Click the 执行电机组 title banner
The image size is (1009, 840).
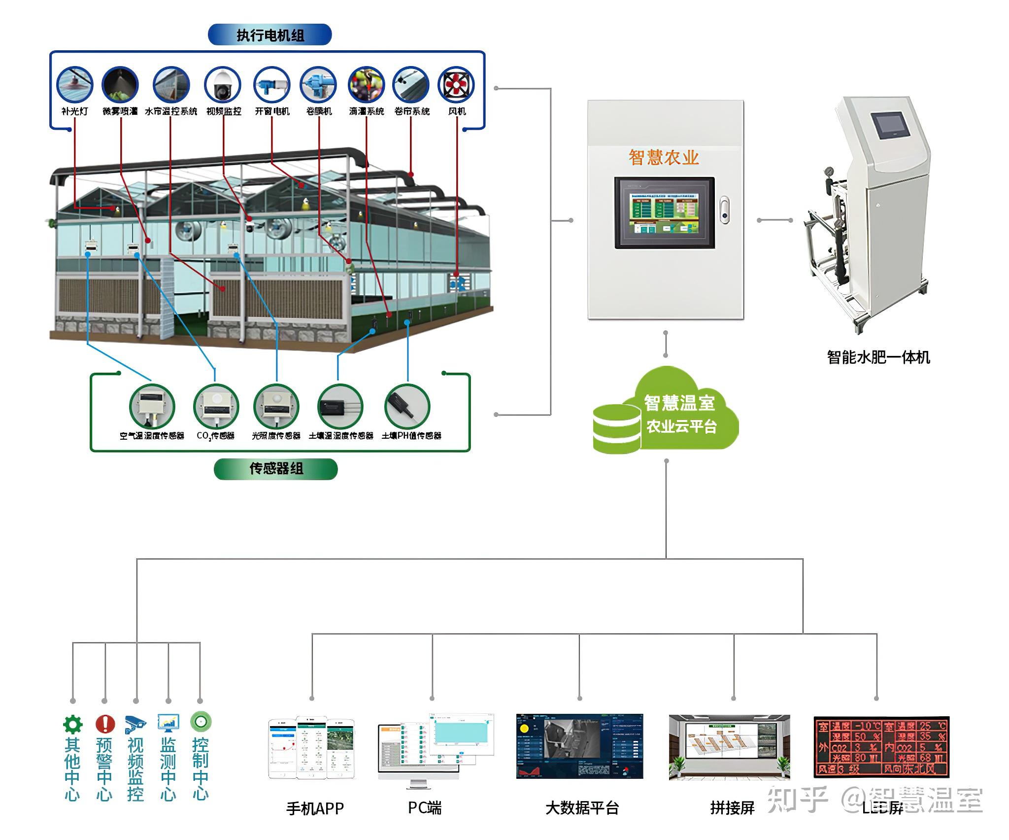(270, 35)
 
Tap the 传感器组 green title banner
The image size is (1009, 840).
(276, 468)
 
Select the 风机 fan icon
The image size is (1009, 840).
(456, 85)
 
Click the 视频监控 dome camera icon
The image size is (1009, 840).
(223, 85)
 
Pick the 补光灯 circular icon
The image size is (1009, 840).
(74, 85)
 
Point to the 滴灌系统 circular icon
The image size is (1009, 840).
(366, 85)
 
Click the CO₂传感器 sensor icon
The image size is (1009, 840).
(216, 407)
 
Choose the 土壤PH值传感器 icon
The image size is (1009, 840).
(407, 407)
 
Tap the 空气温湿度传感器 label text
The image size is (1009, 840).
(152, 436)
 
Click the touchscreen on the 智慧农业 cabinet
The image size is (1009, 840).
(664, 212)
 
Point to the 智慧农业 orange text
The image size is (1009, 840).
(664, 157)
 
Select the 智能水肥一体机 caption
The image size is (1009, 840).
(878, 357)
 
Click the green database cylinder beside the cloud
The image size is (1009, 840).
(616, 428)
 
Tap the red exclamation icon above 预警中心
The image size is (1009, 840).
(104, 724)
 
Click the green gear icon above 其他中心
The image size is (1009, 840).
(73, 724)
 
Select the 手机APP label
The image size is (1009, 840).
(315, 808)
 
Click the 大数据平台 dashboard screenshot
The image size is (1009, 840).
(579, 746)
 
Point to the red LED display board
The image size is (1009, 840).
(881, 747)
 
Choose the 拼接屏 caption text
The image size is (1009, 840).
(733, 808)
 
